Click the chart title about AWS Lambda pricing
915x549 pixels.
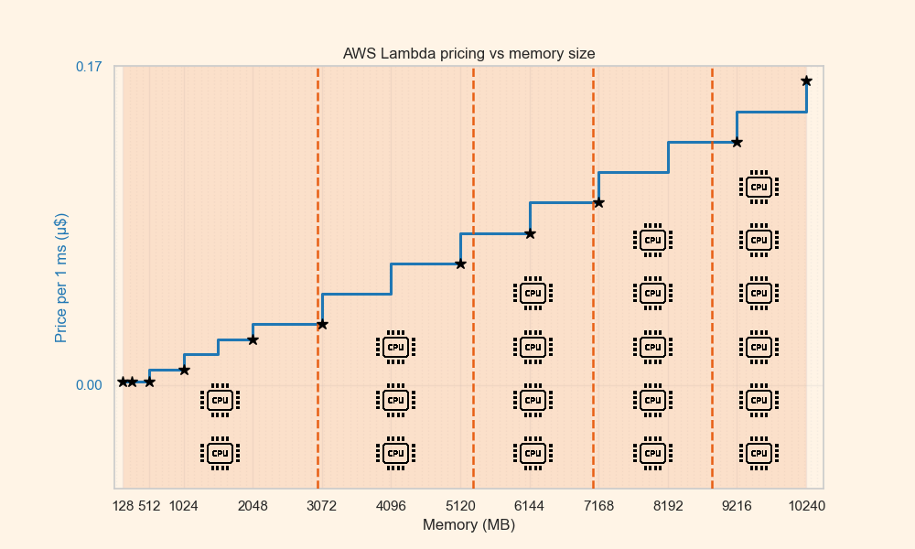468,53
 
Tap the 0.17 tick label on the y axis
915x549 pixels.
88,67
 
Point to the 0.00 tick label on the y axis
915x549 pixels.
88,384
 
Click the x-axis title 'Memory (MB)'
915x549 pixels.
468,525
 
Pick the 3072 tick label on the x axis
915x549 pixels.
322,506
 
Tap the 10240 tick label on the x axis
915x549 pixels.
806,506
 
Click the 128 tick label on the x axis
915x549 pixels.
124,506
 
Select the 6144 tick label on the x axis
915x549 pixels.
530,506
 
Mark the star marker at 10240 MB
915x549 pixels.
806,81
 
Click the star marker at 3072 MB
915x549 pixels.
322,324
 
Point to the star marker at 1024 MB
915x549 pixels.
184,370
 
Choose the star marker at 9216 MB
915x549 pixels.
737,142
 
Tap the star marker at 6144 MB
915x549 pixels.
530,233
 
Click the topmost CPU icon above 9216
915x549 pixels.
759,187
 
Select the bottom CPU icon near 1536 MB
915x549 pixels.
220,453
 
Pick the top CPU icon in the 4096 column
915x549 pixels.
395,347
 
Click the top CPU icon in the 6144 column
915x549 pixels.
531,294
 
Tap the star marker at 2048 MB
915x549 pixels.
253,339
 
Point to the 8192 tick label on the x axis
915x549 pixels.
668,506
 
